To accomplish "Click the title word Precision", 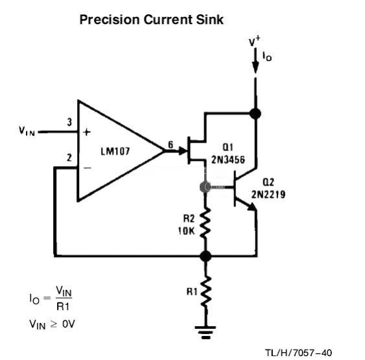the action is pyautogui.click(x=110, y=19).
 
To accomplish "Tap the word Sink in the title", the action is pyautogui.click(x=210, y=19).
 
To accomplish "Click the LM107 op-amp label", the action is pyautogui.click(x=115, y=151).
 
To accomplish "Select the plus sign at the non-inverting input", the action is pyautogui.click(x=87, y=132).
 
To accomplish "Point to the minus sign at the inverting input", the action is pyautogui.click(x=88, y=168).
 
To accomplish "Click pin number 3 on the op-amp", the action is pyautogui.click(x=69, y=122).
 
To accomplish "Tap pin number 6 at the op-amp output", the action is pyautogui.click(x=171, y=145).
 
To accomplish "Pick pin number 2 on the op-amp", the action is pyautogui.click(x=69, y=158).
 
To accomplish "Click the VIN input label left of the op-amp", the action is pyautogui.click(x=27, y=131).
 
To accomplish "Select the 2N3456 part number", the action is pyautogui.click(x=228, y=160).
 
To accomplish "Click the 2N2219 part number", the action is pyautogui.click(x=268, y=194).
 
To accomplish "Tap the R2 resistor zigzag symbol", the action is pyautogui.click(x=206, y=224).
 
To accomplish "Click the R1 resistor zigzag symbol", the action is pyautogui.click(x=206, y=292).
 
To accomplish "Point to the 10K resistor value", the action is pyautogui.click(x=186, y=231).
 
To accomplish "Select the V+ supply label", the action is pyautogui.click(x=254, y=42).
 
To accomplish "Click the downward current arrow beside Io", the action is pyautogui.click(x=255, y=60).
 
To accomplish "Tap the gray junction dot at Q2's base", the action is pyautogui.click(x=206, y=187).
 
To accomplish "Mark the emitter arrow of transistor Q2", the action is pyautogui.click(x=251, y=206).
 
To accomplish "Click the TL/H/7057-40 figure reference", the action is pyautogui.click(x=298, y=353).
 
